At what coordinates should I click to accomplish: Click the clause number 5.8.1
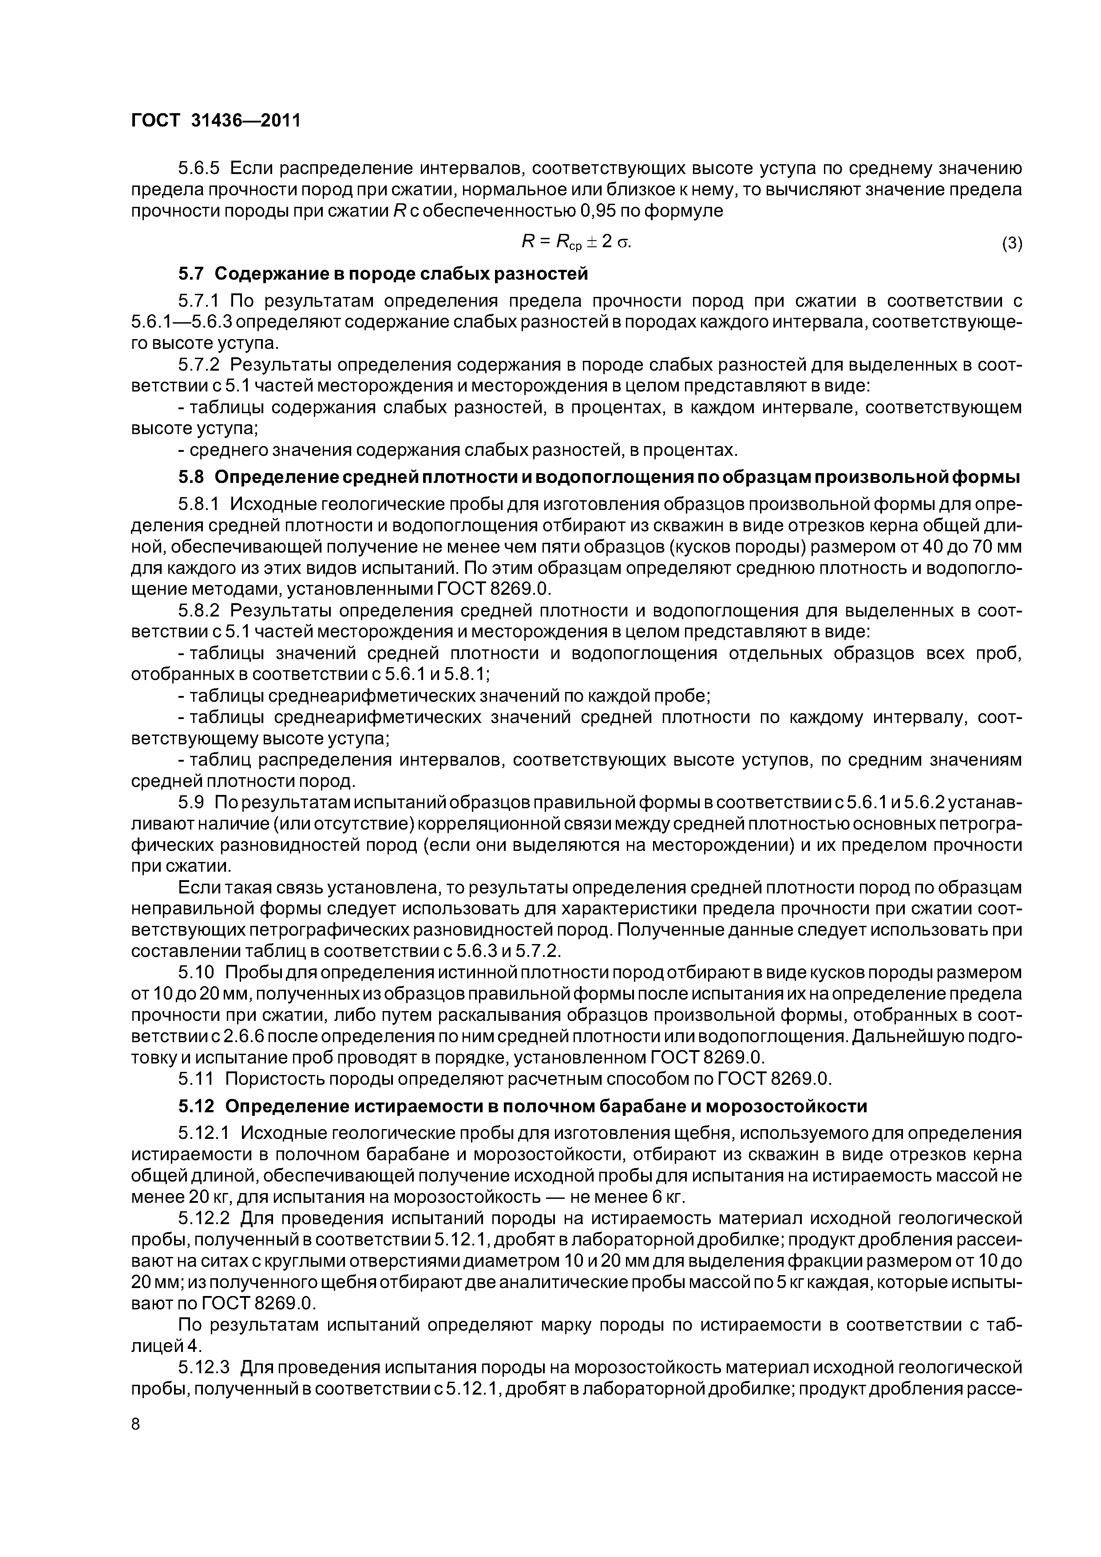coord(199,505)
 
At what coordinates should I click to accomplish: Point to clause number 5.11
coord(196,1078)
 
